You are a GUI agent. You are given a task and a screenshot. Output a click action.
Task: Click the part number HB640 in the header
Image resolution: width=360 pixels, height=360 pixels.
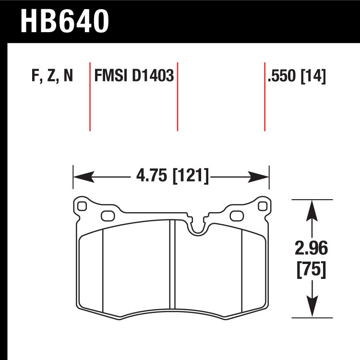pyautogui.click(x=65, y=22)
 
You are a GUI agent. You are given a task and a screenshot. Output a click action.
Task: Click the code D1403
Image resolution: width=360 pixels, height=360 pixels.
pyautogui.click(x=151, y=76)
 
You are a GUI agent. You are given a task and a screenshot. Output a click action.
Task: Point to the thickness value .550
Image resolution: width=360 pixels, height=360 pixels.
pyautogui.click(x=283, y=76)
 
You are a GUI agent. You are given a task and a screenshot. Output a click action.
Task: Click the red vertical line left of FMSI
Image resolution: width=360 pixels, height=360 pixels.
pyautogui.click(x=90, y=96)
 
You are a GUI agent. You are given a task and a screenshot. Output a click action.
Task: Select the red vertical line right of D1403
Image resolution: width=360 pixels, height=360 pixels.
pyautogui.click(x=178, y=96)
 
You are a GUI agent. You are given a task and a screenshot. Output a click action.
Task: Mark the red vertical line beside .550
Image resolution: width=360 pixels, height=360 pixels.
pyautogui.click(x=264, y=96)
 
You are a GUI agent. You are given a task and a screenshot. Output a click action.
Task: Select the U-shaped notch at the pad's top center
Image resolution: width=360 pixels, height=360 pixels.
pyautogui.click(x=197, y=228)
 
